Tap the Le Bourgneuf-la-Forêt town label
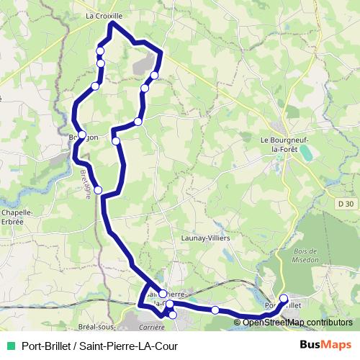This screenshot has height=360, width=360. [284, 144]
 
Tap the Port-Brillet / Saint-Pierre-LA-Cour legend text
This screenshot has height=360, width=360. [100, 346]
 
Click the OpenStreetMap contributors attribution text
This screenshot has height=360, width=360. [297, 323]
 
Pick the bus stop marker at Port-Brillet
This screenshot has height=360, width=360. [283, 299]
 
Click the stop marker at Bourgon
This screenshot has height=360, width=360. [83, 135]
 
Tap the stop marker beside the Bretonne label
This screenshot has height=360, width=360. [98, 190]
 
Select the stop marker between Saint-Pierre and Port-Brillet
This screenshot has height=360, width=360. [215, 310]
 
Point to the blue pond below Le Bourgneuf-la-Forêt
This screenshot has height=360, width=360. [307, 153]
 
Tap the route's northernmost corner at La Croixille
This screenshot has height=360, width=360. [112, 23]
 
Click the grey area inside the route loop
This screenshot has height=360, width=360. [141, 66]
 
